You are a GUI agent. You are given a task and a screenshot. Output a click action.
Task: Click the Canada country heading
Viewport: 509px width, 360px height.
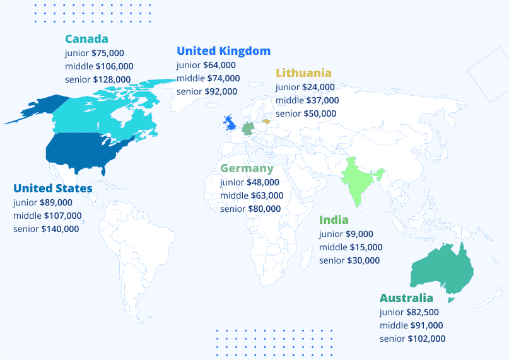[86, 39]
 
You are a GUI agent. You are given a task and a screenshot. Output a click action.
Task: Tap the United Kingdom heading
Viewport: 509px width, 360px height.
[223, 51]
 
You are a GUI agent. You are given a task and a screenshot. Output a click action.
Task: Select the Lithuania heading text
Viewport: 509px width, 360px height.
[303, 73]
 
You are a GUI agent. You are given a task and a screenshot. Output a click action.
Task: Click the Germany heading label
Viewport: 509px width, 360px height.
[247, 168]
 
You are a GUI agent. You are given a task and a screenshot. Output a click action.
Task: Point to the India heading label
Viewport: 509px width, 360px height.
[334, 220]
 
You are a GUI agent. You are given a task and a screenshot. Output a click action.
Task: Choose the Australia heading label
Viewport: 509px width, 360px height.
[406, 298]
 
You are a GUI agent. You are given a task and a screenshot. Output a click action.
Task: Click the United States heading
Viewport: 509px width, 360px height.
[52, 189]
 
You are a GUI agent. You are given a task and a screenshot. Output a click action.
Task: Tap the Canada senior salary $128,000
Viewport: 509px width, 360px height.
[112, 79]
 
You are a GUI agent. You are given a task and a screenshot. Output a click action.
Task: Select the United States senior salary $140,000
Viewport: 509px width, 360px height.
[60, 229]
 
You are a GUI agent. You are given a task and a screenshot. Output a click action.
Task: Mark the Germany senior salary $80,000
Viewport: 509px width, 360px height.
[264, 209]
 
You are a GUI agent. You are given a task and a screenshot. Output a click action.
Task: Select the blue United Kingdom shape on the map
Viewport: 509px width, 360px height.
[230, 122]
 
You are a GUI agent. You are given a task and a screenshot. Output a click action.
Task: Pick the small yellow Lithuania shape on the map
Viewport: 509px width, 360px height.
[266, 120]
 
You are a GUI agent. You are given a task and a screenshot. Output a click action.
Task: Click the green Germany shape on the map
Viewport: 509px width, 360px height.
[249, 128]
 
